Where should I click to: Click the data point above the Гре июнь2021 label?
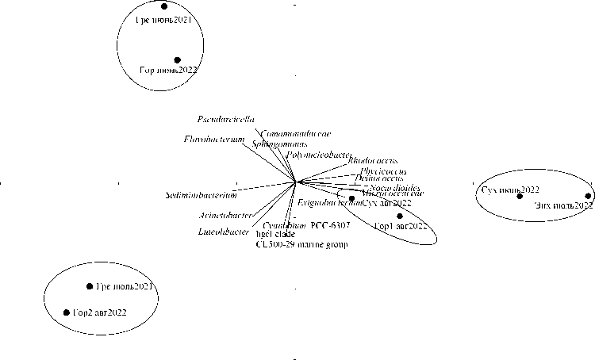[x=165, y=6]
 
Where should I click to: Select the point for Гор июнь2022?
[x=178, y=60]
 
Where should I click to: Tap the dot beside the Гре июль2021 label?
[x=90, y=286]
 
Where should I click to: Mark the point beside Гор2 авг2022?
[x=67, y=312]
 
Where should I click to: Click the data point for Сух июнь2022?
[x=520, y=196]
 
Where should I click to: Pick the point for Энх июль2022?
[x=588, y=196]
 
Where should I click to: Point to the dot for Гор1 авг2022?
[x=400, y=216]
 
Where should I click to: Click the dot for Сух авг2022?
[x=352, y=198]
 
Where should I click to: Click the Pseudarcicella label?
[x=226, y=119]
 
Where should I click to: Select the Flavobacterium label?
[x=209, y=140]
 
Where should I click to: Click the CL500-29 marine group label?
[x=301, y=244]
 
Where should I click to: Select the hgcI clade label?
[x=272, y=236]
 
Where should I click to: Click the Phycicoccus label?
[x=383, y=171]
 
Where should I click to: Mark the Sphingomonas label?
[x=274, y=144]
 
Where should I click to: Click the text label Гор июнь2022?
[x=168, y=71]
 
